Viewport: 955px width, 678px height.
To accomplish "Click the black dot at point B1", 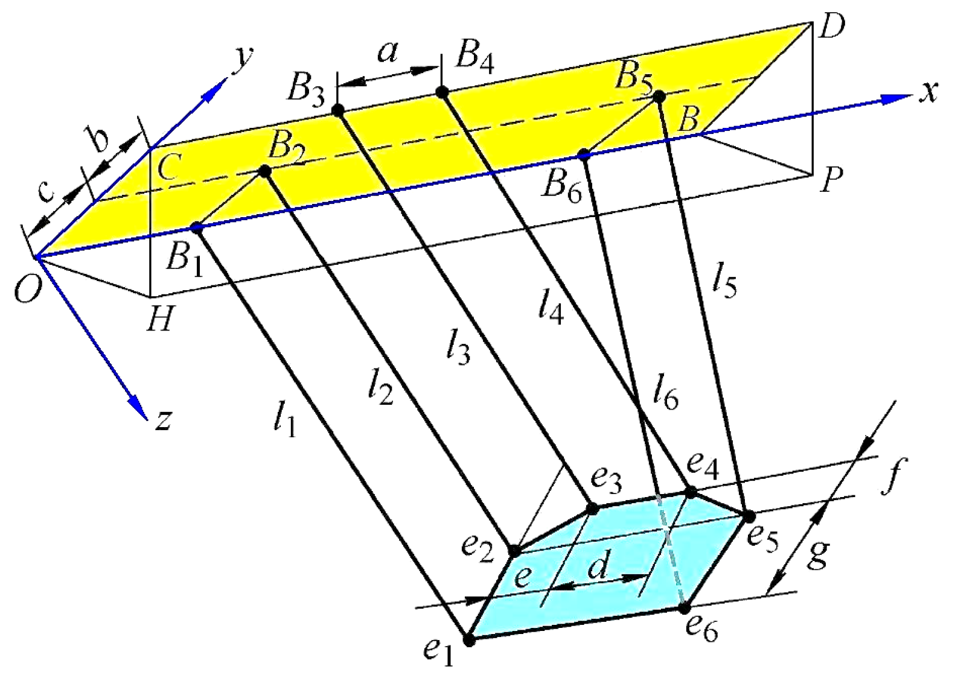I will pos(196,227).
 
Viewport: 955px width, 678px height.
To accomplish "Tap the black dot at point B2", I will pos(264,171).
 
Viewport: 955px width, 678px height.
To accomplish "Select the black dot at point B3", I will pos(338,110).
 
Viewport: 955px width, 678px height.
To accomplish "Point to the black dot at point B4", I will pos(442,92).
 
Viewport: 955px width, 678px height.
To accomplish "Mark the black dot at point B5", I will pos(659,96).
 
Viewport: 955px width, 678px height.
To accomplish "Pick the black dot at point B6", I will pos(584,154).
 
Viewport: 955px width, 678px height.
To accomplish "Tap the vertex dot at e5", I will pos(749,516).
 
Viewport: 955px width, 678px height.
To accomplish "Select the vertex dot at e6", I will pos(685,608).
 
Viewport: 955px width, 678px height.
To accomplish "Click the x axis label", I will pos(928,92).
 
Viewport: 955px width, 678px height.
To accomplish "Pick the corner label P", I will pos(831,179).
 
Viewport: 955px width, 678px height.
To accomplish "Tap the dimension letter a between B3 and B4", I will pos(388,53).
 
